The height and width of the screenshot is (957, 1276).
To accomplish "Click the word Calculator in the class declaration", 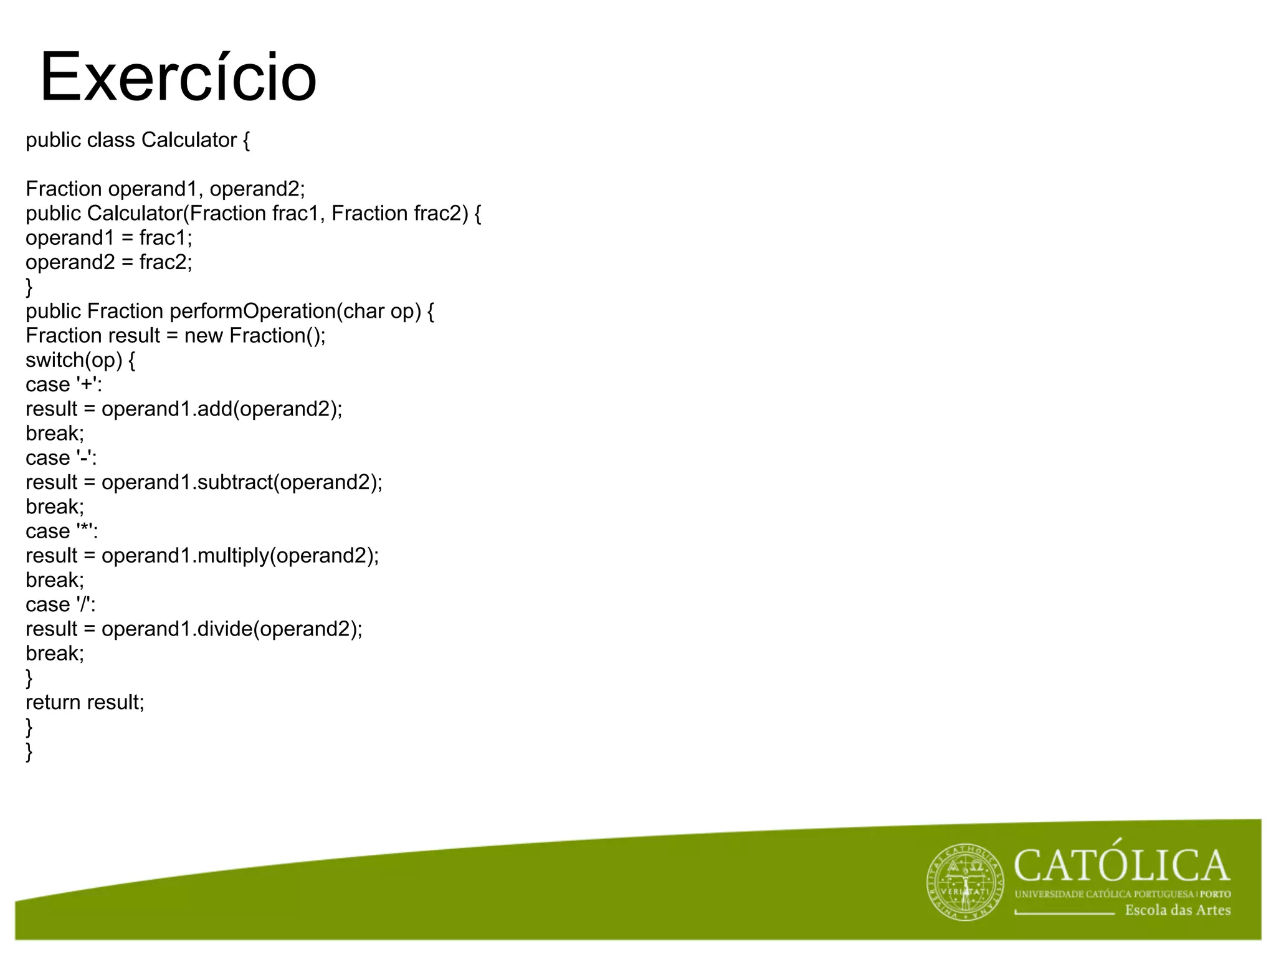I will click(189, 140).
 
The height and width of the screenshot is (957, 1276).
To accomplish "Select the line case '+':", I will click(64, 384).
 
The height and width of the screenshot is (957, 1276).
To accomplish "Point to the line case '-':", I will click(61, 458).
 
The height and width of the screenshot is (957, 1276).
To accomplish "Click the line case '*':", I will click(62, 531).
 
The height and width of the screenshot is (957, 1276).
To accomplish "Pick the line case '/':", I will click(60, 604).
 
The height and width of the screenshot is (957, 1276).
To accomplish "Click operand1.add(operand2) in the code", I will click(221, 409).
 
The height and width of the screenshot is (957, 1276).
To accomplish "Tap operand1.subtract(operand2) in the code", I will click(241, 482).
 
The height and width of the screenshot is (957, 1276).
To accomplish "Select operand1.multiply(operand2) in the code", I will click(239, 556).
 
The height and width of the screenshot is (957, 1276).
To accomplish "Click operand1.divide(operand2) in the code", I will click(231, 629).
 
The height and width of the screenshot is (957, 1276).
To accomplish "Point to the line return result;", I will click(85, 702).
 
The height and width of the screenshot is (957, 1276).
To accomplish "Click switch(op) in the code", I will click(74, 360).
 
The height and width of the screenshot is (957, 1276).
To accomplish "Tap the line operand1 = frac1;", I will click(109, 238).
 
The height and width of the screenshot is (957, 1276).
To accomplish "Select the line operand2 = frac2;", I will click(109, 262).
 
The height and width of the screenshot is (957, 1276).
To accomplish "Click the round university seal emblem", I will click(965, 882).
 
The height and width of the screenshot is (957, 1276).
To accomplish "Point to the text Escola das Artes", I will click(1178, 910).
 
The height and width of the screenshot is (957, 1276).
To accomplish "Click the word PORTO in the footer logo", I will click(1216, 894).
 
